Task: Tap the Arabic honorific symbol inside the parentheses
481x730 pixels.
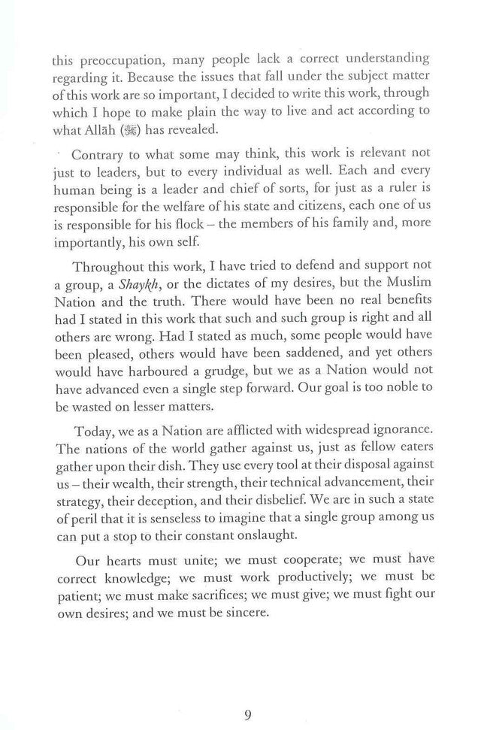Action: (x=141, y=129)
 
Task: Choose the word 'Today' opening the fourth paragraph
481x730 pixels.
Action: (x=94, y=429)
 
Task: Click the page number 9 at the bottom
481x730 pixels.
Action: (x=247, y=695)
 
